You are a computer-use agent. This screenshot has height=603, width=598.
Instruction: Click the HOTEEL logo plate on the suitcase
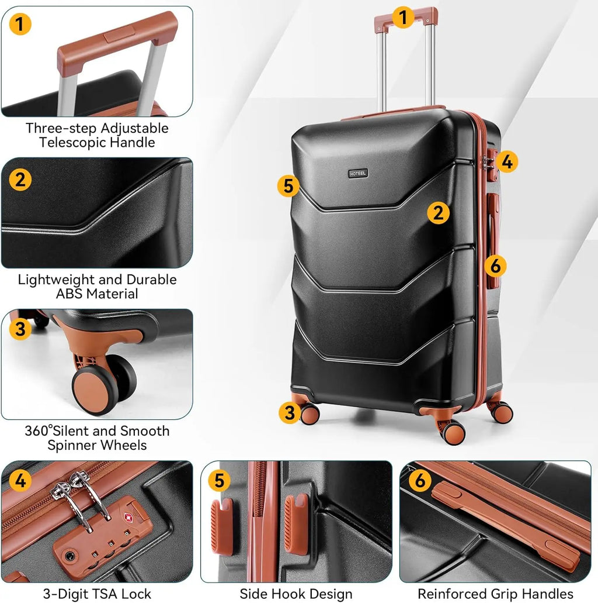(358, 174)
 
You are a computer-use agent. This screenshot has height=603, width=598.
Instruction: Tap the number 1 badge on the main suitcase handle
(403, 18)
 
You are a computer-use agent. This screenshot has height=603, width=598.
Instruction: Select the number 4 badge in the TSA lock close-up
(20, 481)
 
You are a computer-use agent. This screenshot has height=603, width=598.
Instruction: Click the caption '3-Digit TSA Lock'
(97, 594)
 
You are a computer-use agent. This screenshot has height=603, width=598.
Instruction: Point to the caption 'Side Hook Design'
(296, 594)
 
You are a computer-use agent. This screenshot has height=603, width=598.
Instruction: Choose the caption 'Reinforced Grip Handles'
(495, 594)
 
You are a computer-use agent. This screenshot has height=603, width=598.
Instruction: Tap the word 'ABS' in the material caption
(69, 294)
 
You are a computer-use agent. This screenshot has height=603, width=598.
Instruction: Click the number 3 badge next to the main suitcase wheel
(290, 413)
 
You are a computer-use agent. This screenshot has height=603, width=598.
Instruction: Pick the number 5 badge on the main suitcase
(288, 186)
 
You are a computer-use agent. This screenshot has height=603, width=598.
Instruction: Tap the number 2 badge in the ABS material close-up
(20, 180)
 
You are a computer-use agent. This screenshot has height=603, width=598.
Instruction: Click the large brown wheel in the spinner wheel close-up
(94, 390)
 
